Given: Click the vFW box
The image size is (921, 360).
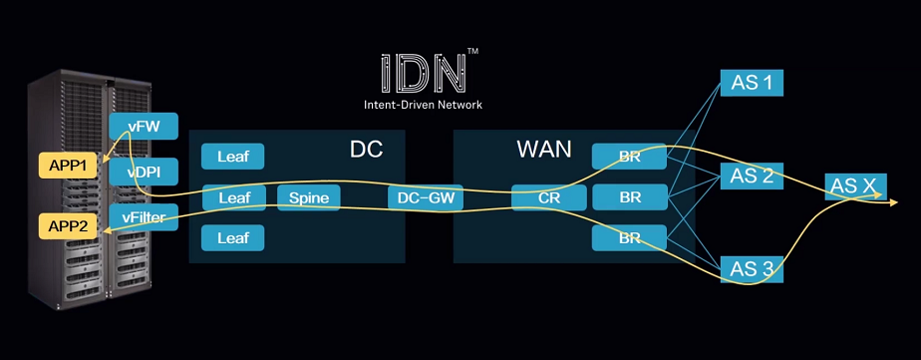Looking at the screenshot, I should coord(144,127).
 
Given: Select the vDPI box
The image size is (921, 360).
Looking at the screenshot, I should coord(144,172).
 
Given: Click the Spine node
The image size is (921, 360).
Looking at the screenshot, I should coord(309,197).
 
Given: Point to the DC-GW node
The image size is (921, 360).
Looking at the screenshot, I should coord(426,197).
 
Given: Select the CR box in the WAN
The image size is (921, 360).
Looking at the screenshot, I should coord(549,197).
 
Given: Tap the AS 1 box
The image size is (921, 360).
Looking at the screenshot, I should coord(752,83).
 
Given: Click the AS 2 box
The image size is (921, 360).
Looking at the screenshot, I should coord(752,177).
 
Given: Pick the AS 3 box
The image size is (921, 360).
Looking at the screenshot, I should coord(752,269).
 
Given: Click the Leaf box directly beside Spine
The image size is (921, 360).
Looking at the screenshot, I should coord(233,197).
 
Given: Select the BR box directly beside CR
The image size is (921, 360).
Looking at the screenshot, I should coord(630,197).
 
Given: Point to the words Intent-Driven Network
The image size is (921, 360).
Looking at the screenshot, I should coord(430,104).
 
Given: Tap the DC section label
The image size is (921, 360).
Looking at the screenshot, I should coord(366,150).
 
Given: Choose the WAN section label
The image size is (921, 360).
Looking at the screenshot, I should coord(544,150).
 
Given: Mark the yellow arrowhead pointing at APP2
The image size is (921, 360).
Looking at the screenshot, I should coord(106,231).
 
